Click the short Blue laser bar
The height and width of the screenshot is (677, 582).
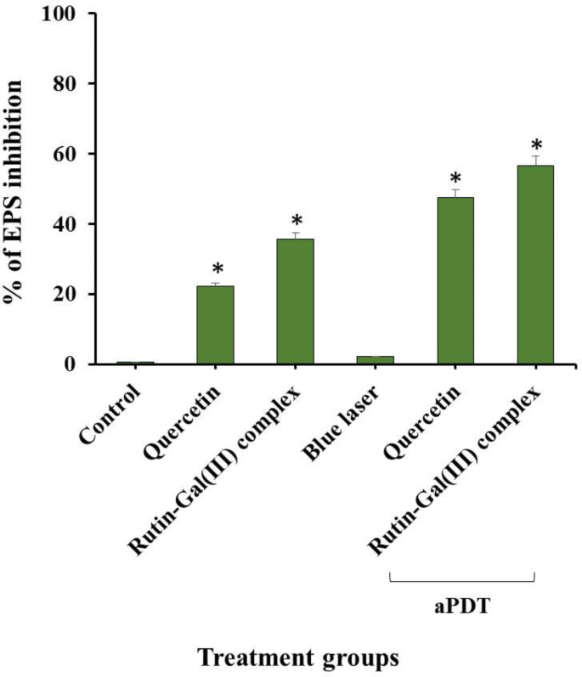click(x=375, y=360)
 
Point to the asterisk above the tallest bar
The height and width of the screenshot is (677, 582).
click(x=536, y=144)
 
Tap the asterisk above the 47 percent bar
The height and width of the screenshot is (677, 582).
click(x=455, y=178)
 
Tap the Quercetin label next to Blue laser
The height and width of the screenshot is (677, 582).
click(x=427, y=421)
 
